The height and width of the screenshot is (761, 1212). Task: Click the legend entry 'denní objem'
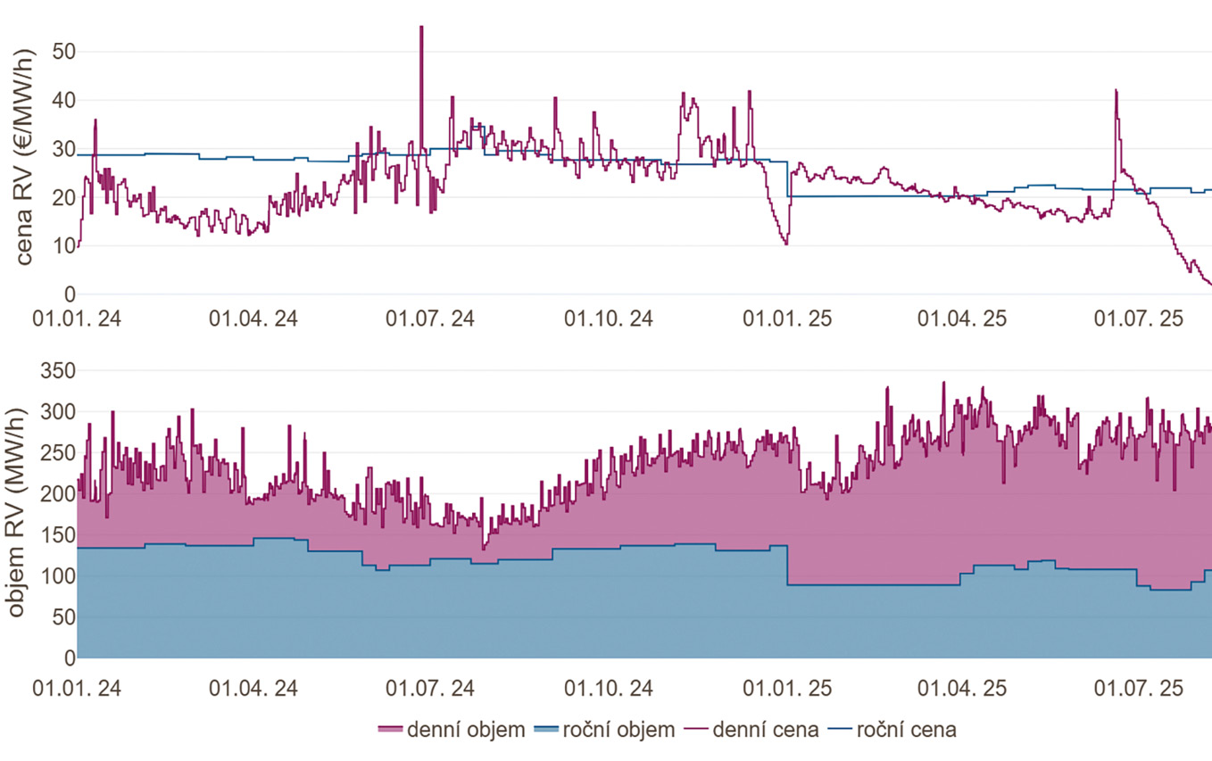[x=452, y=731]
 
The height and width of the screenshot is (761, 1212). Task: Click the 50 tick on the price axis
[x=62, y=53]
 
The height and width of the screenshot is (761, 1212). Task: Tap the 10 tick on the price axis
[x=62, y=246]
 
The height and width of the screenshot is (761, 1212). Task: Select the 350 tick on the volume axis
[x=56, y=371]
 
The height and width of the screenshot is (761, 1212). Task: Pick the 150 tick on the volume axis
[x=56, y=535]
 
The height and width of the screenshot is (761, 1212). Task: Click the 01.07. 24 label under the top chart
[x=431, y=319]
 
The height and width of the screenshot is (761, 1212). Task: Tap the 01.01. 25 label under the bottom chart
[x=786, y=688]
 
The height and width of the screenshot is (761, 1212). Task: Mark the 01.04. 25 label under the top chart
[x=963, y=319]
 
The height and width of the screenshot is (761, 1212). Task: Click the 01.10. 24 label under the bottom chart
[x=609, y=688]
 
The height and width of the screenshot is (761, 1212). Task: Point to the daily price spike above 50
[x=421, y=28]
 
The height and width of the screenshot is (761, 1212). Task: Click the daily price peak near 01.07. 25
[x=1116, y=90]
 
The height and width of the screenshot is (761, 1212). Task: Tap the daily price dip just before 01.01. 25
[x=785, y=244]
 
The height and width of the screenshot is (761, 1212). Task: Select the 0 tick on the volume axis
[x=68, y=658]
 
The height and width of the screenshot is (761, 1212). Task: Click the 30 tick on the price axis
[x=62, y=150]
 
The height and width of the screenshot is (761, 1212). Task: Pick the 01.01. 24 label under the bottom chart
[x=77, y=688]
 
